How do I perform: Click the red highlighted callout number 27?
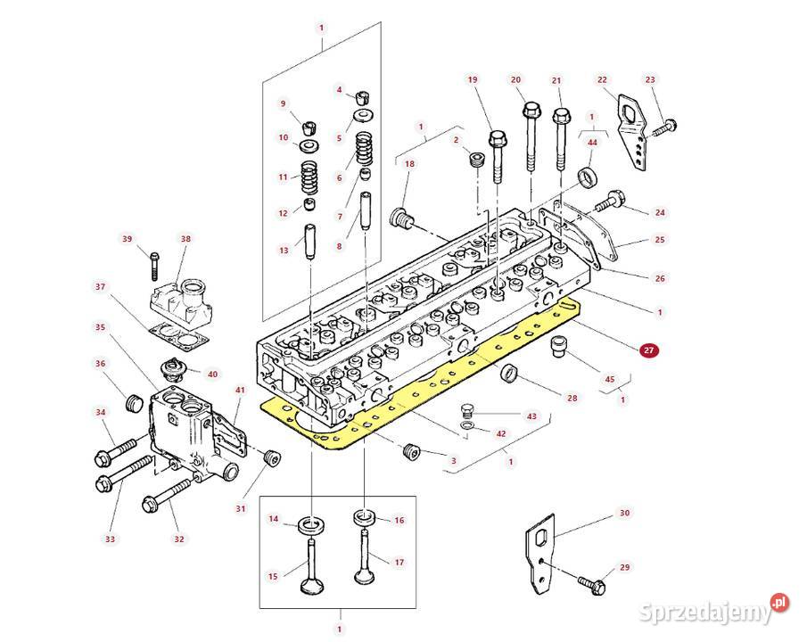(x=648, y=351)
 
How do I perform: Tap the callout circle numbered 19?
(x=473, y=79)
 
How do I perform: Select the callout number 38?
(x=185, y=239)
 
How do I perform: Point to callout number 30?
(x=624, y=513)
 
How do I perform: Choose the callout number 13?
(x=284, y=251)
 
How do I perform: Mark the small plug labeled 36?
(x=136, y=402)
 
